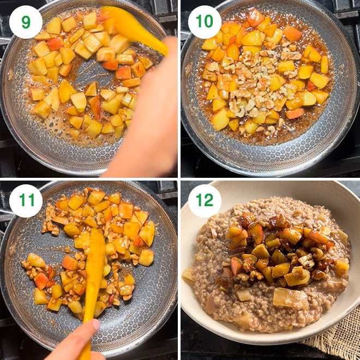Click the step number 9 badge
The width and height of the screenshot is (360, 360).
(x=26, y=22)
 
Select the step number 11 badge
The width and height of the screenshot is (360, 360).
(x=26, y=200)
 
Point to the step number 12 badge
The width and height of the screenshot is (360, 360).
(x=205, y=200)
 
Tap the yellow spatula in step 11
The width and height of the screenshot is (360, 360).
(x=94, y=273)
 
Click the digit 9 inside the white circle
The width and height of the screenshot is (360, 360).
(x=26, y=22)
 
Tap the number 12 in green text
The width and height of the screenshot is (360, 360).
(x=205, y=200)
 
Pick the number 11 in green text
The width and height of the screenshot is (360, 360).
(x=26, y=200)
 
